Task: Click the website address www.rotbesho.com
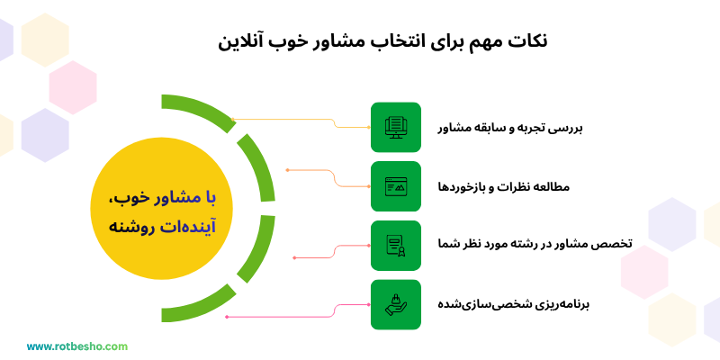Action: [77, 346]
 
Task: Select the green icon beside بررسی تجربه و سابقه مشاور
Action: [395, 127]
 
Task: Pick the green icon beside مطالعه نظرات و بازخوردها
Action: [395, 186]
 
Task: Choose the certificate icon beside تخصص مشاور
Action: [395, 245]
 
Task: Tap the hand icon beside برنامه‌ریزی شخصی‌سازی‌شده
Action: [395, 304]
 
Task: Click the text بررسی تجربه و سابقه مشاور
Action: [510, 128]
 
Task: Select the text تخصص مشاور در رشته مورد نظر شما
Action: [528, 245]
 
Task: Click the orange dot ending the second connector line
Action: [287, 169]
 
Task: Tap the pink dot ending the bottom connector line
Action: [227, 317]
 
